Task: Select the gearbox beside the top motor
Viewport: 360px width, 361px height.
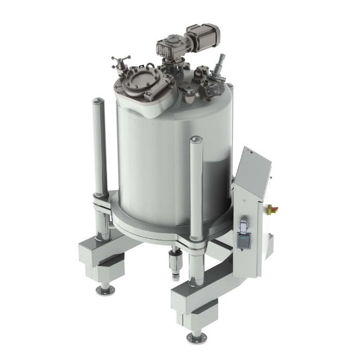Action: [170, 48]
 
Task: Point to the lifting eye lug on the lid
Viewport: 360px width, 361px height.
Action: [190, 98]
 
